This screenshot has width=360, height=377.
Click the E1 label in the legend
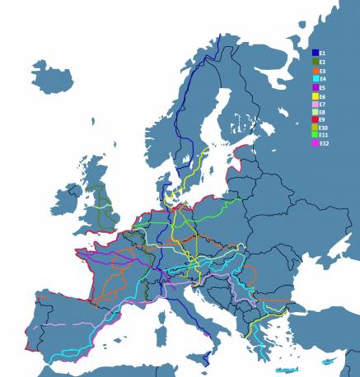tap(324, 53)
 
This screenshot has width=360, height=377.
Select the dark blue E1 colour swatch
tap(315, 53)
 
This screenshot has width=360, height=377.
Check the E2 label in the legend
tap(324, 61)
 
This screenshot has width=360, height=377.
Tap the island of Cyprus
tap(327, 362)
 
